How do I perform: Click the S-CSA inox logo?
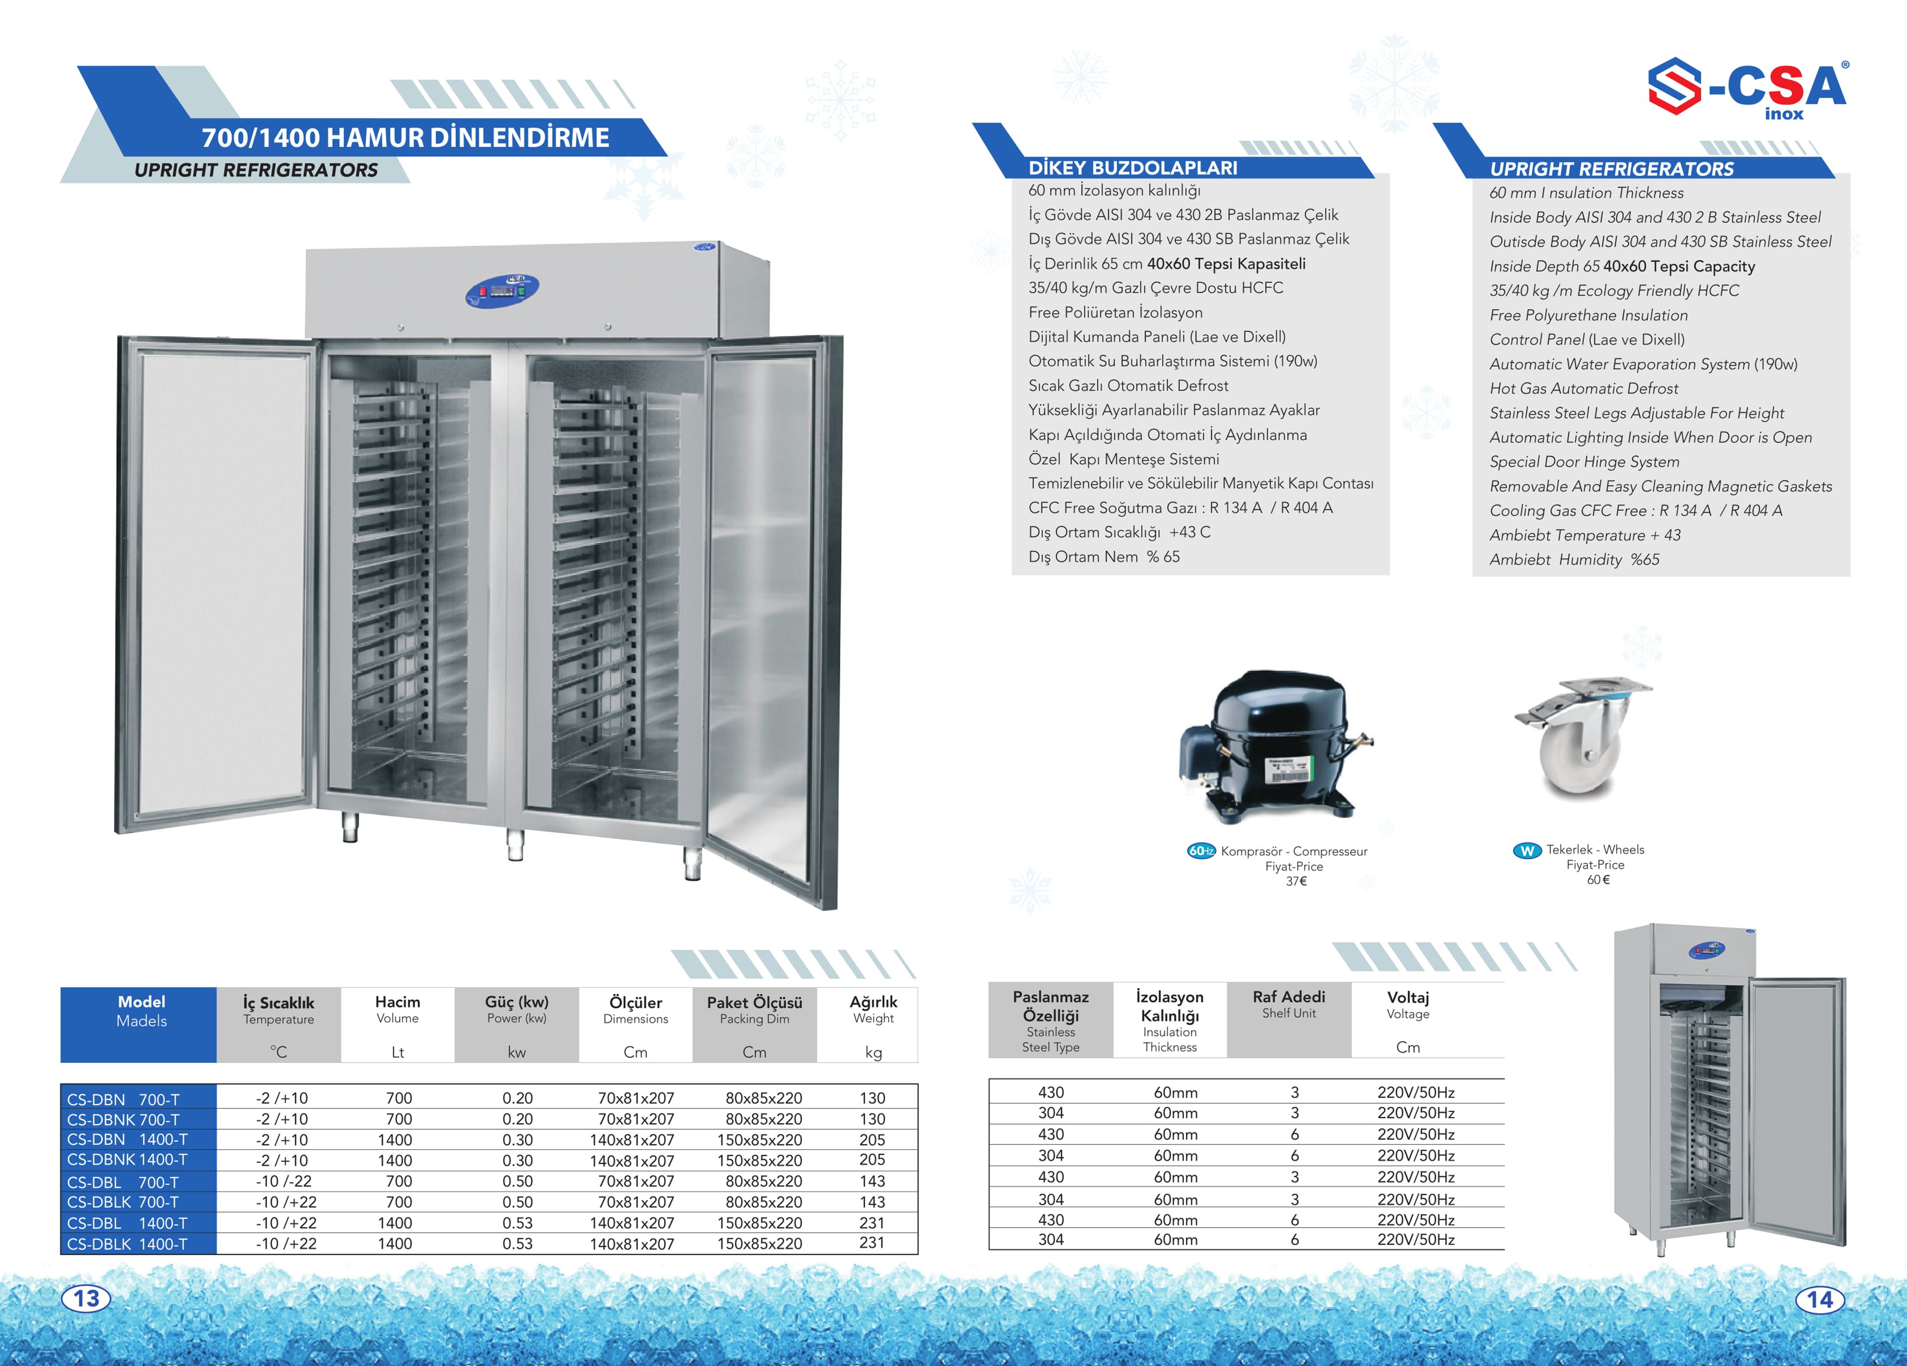coord(1747,89)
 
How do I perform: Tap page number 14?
coord(1819,1299)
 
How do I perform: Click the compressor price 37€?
coord(1296,881)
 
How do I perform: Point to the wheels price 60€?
coord(1597,879)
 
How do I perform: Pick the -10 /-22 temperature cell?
coord(284,1181)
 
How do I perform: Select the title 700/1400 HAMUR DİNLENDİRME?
coord(405,137)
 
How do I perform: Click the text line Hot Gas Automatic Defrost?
coord(1583,388)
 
